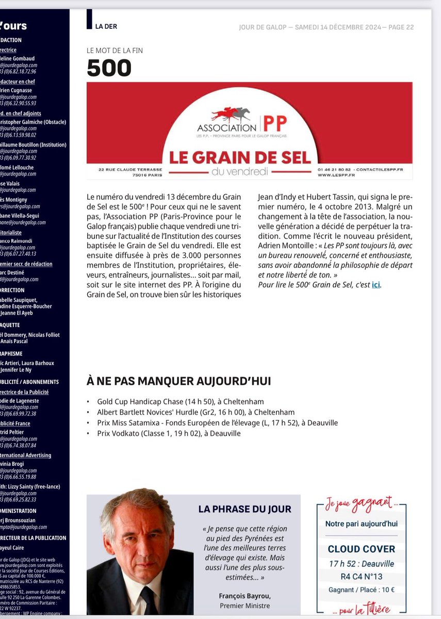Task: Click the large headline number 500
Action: coord(109,68)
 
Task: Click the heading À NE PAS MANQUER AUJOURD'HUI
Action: coord(179,382)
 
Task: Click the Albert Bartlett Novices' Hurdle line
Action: coord(196,412)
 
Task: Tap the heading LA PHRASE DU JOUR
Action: coord(244,509)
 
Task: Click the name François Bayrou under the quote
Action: coord(245,596)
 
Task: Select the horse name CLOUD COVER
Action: coord(362,549)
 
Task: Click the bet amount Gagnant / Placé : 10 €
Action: coord(362,590)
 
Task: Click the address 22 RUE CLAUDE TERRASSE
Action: coord(130,169)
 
